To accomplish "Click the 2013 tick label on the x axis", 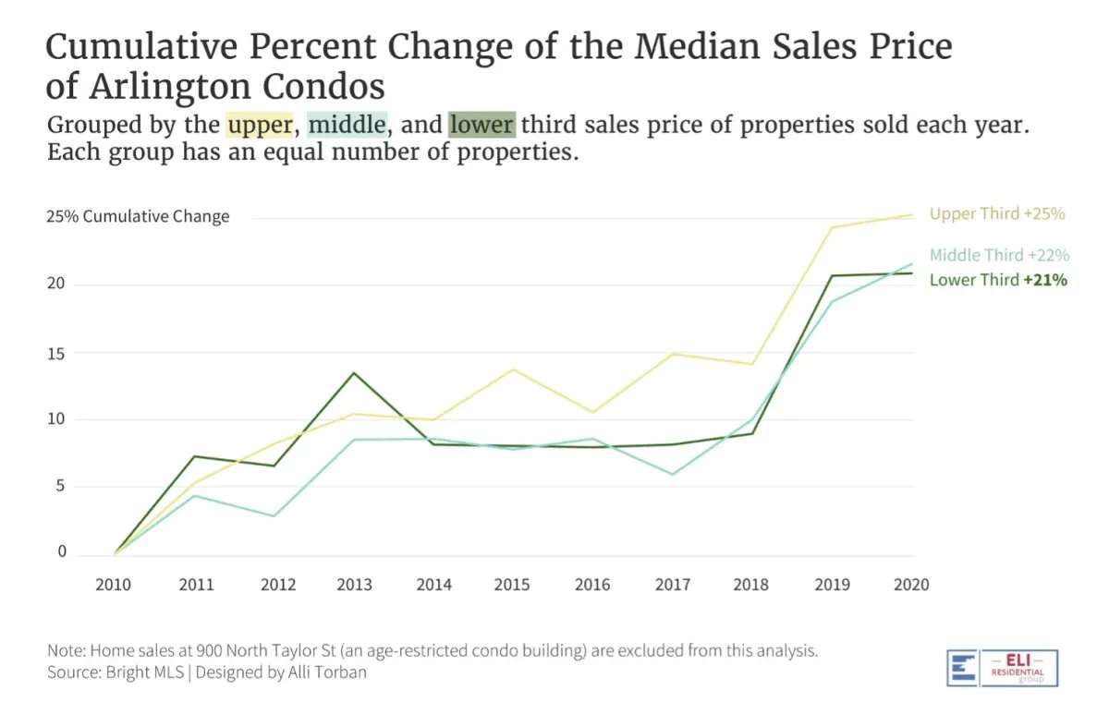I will (x=355, y=585).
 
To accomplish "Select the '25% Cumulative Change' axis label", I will (x=138, y=217).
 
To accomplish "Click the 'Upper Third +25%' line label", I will (x=997, y=213).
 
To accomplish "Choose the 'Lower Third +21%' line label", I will (x=998, y=280).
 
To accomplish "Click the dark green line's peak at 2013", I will (x=354, y=373).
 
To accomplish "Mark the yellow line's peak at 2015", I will (x=513, y=369).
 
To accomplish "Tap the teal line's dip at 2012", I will (x=274, y=515).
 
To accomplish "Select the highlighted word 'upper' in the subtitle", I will (x=260, y=125).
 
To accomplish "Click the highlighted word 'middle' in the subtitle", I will (x=347, y=125).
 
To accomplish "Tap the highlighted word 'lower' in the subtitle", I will (x=481, y=125).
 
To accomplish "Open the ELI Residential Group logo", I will (x=1002, y=667).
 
